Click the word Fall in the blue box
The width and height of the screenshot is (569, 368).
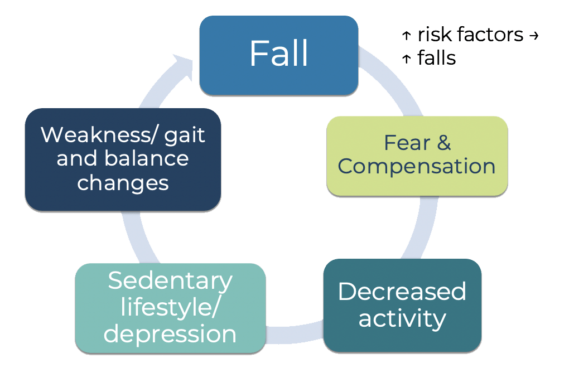(x=278, y=54)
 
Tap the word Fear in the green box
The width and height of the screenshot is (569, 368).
(x=407, y=143)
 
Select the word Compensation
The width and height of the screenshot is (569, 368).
(x=417, y=166)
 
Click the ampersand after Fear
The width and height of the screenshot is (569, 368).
(x=443, y=143)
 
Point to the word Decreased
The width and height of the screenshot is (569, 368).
(x=402, y=292)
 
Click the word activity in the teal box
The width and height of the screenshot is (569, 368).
(x=402, y=318)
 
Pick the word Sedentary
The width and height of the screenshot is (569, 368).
(x=170, y=280)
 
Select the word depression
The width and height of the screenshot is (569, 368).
(x=170, y=334)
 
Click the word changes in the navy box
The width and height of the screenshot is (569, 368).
(x=123, y=182)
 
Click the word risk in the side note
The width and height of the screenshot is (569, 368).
(x=434, y=35)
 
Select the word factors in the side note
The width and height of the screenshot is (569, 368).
(x=490, y=35)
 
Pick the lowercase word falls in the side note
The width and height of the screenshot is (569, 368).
(x=436, y=57)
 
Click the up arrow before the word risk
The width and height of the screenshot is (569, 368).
(x=406, y=36)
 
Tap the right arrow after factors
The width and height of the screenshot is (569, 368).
(x=533, y=36)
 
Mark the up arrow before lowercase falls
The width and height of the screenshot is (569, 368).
(x=406, y=59)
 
